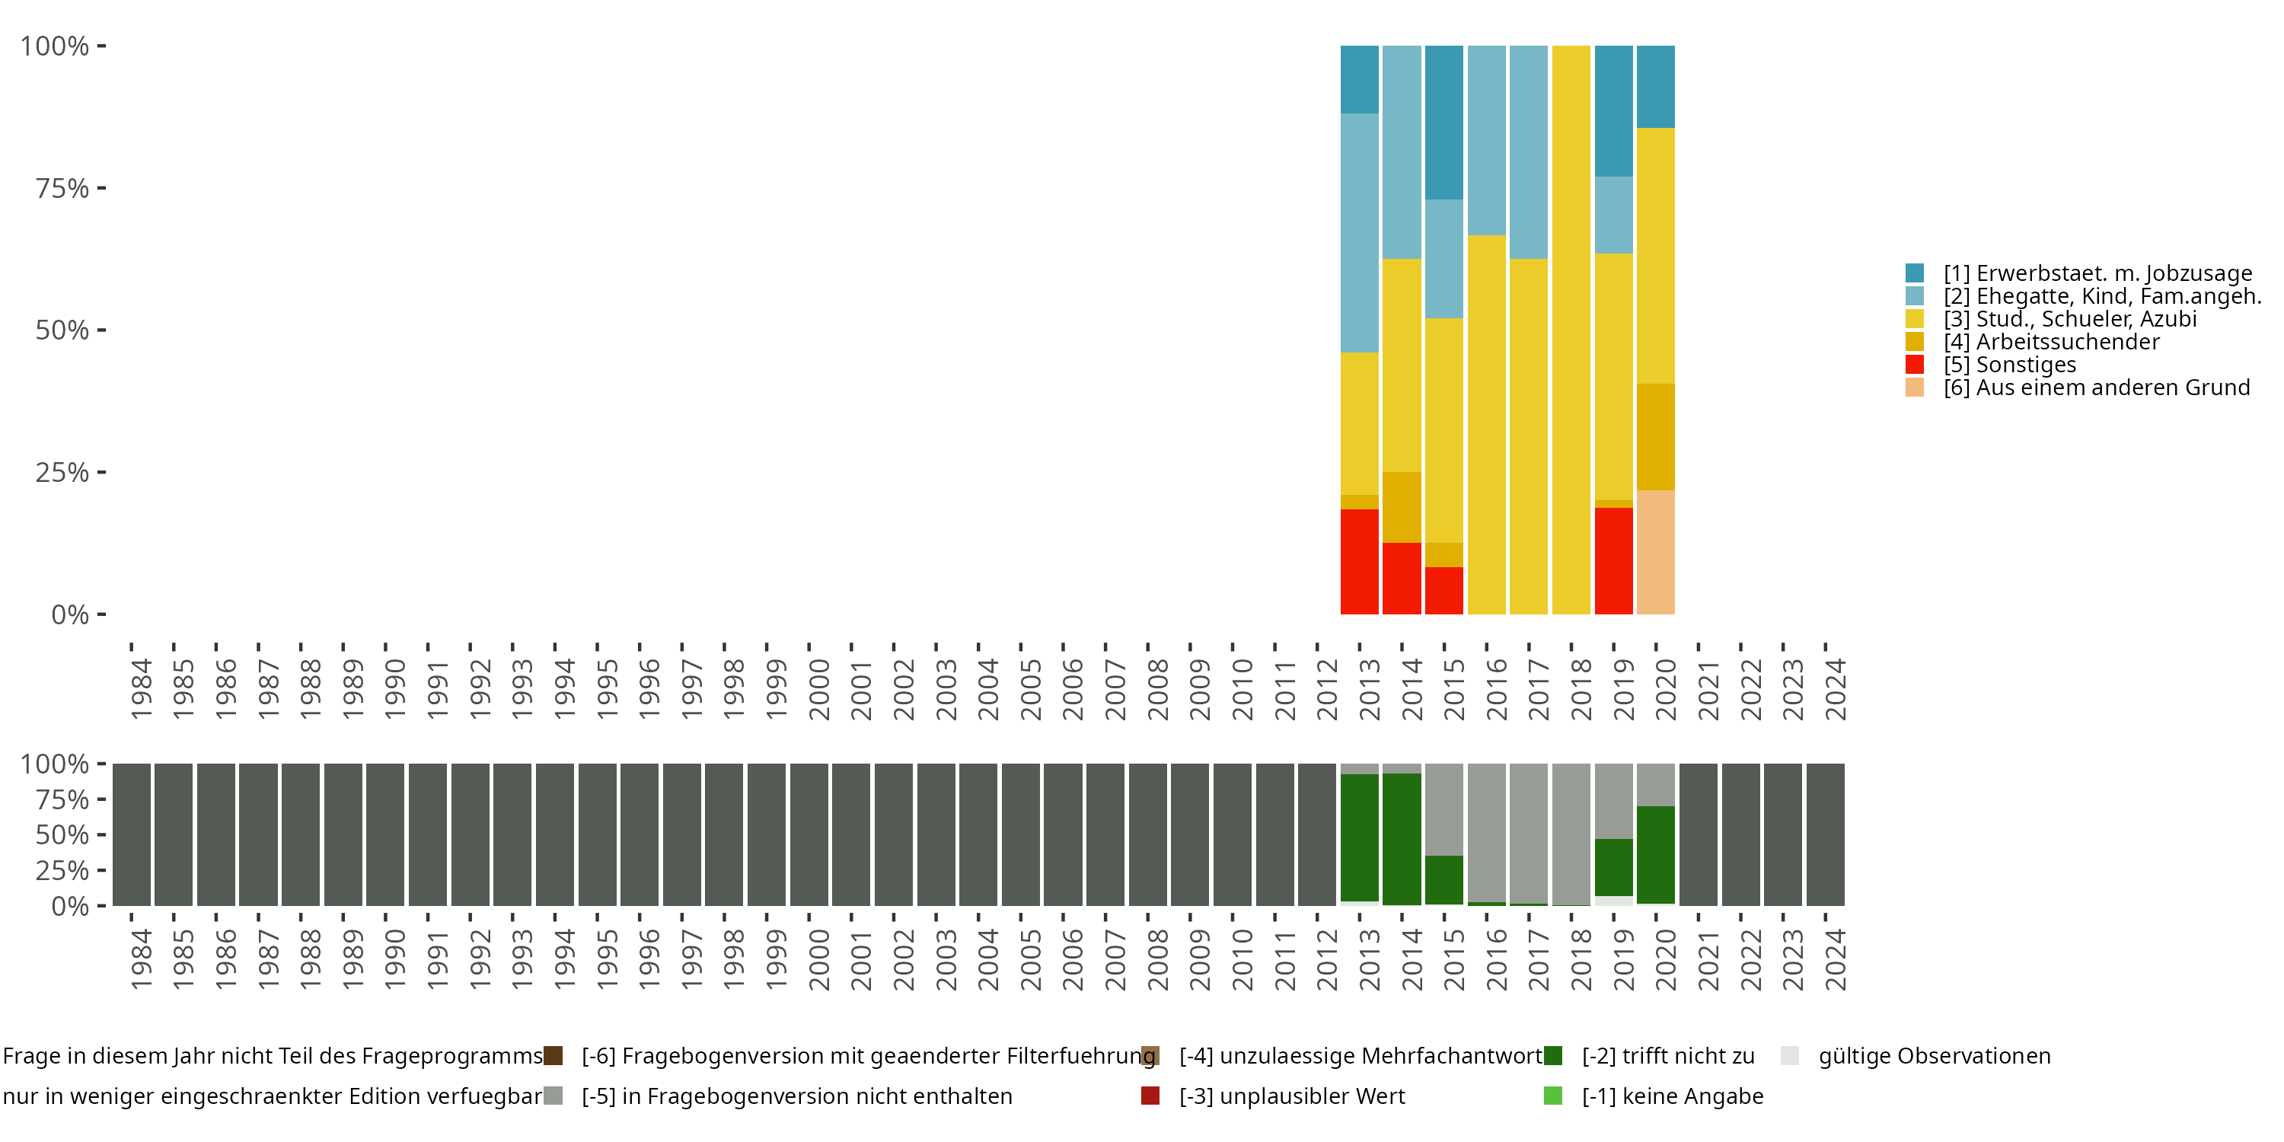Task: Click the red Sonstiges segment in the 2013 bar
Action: (1359, 561)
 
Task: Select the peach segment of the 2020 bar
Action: (1655, 551)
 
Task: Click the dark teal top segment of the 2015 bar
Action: (1443, 123)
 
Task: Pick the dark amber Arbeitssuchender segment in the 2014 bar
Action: (1402, 507)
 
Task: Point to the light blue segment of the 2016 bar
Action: (1486, 140)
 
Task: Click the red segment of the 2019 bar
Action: (1614, 560)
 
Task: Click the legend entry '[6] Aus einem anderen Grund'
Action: (2096, 388)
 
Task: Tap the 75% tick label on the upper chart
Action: (62, 188)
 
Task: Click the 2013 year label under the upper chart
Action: (1369, 689)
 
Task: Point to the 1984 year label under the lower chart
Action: (140, 959)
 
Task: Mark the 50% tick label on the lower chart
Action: (62, 834)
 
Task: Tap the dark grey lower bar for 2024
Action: (1826, 834)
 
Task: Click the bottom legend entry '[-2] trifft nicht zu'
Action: (1667, 1056)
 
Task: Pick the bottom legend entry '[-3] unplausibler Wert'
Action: (1291, 1096)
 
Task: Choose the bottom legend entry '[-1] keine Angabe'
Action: (1672, 1096)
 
